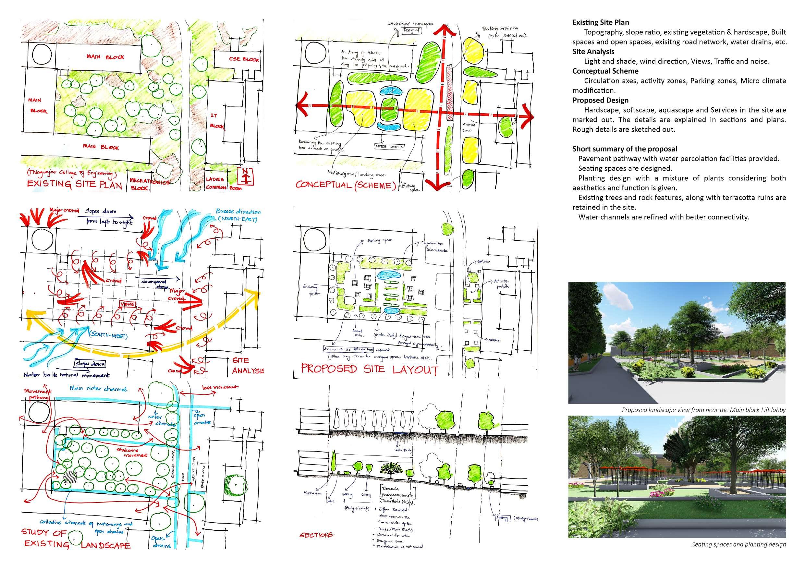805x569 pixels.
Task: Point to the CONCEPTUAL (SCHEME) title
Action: click(x=345, y=185)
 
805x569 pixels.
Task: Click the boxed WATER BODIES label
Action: click(x=389, y=146)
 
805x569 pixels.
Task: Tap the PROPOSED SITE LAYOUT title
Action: click(x=370, y=369)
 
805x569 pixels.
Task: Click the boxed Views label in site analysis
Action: click(x=127, y=304)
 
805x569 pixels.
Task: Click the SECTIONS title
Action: click(x=317, y=535)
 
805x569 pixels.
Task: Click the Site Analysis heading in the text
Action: click(x=593, y=52)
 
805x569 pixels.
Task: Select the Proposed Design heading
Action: click(x=600, y=100)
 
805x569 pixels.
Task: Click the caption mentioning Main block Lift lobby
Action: click(x=704, y=410)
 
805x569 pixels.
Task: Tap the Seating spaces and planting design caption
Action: click(x=739, y=544)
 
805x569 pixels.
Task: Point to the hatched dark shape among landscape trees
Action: click(x=70, y=477)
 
